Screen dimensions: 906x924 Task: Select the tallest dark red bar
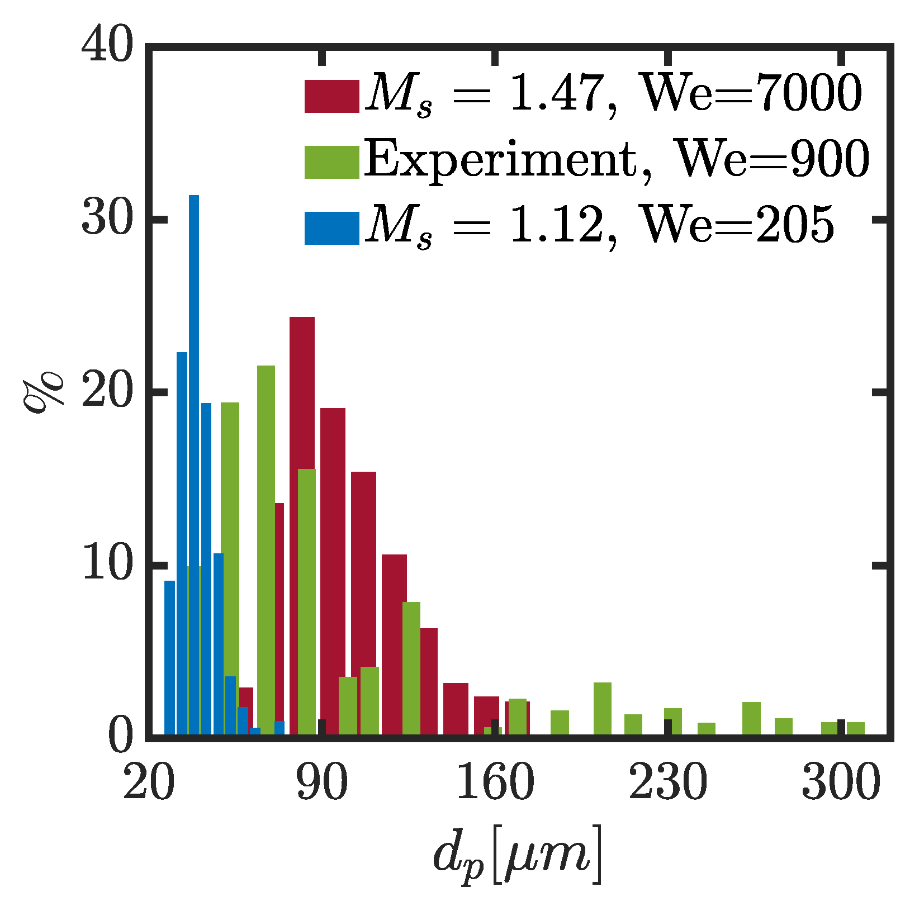tap(302, 525)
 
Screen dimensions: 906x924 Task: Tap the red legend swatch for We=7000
tap(331, 97)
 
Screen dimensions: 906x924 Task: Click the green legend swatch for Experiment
tap(331, 162)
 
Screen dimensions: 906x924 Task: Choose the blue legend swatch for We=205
tap(331, 228)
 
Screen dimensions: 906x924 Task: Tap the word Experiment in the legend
tap(500, 161)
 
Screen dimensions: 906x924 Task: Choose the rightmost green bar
tap(855, 729)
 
